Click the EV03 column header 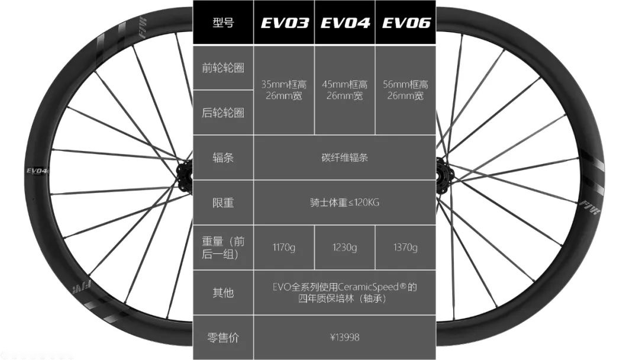point(284,22)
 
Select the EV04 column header point(345,22)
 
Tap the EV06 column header point(406,22)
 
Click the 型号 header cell point(223,22)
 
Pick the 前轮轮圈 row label point(223,67)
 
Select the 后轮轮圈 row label point(223,112)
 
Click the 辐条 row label point(223,157)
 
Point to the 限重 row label point(223,202)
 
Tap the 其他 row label point(223,292)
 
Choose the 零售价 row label point(223,337)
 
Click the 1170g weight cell point(284,247)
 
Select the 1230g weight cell point(345,247)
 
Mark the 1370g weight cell point(406,247)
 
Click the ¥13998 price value point(344,337)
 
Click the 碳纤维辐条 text point(344,157)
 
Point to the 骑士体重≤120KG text point(344,202)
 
